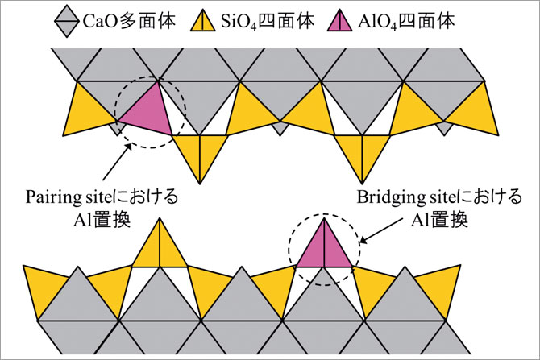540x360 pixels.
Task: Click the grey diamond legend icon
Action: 67,22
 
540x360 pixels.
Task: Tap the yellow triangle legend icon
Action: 202,21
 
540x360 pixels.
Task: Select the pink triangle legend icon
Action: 339,21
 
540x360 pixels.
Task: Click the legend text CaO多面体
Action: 130,21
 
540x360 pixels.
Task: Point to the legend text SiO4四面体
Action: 268,22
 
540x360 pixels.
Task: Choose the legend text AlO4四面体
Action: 406,22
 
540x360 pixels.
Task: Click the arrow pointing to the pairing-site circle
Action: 117,161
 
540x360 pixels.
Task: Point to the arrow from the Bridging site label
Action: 381,230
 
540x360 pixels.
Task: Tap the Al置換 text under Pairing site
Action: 102,220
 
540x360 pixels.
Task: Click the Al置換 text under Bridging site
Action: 439,220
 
